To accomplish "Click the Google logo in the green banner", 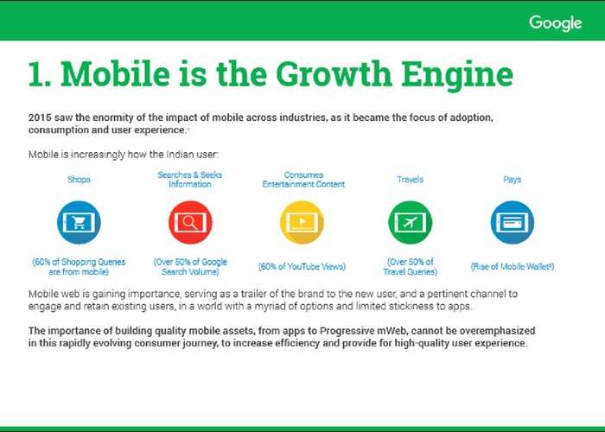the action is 555,23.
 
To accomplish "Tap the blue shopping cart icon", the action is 80,223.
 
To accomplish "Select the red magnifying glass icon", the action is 190,223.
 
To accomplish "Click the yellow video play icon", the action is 302,223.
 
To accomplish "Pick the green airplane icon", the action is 411,223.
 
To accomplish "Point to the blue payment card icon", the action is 513,223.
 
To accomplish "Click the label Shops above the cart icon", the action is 79,180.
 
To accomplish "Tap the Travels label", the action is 411,180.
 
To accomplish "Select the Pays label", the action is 513,180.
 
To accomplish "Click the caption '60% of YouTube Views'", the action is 302,266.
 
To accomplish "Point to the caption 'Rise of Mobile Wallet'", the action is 513,266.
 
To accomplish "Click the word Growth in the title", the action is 334,74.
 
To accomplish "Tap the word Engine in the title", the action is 457,76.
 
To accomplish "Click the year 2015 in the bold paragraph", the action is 39,118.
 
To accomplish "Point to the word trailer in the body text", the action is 253,294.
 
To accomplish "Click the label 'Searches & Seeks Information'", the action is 190,180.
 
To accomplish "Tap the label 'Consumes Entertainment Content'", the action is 303,180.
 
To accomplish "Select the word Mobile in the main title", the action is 115,74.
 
